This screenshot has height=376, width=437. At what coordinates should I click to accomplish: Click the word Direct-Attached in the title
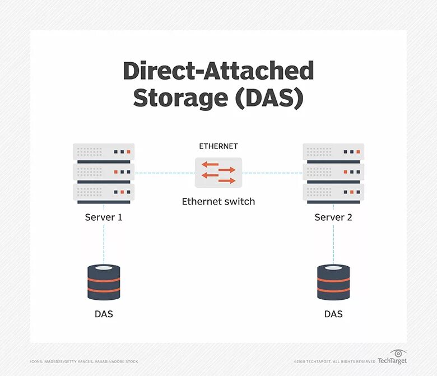tap(218, 72)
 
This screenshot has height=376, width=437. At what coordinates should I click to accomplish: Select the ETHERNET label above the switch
tap(218, 146)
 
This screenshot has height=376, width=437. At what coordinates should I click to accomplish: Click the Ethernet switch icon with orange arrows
tap(218, 172)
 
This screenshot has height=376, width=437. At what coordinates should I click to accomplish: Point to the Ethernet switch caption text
tap(218, 202)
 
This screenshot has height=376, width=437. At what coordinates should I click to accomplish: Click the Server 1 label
tap(104, 217)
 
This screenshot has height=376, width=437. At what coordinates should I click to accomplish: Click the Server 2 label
tap(333, 217)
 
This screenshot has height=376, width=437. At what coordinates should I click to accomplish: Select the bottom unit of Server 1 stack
tap(104, 193)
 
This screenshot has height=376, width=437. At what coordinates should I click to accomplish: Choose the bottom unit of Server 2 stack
tap(333, 193)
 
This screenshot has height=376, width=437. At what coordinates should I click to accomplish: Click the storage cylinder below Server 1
tap(104, 282)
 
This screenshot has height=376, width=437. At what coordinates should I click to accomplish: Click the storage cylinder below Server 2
tap(333, 282)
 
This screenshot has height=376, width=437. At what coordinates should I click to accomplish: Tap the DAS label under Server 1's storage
tap(104, 314)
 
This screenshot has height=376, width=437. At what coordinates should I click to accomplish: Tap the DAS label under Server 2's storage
tap(333, 314)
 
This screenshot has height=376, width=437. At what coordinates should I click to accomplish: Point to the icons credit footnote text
tap(84, 361)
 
